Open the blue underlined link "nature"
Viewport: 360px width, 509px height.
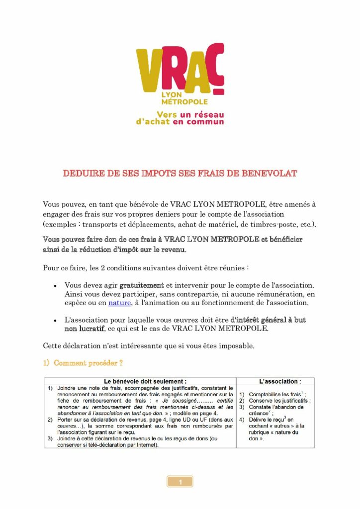[x=119, y=303]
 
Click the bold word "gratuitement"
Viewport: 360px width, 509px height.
[x=142, y=285]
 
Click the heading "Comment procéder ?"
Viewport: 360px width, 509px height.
[x=88, y=363]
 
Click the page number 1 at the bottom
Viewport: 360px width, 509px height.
[x=180, y=482]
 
